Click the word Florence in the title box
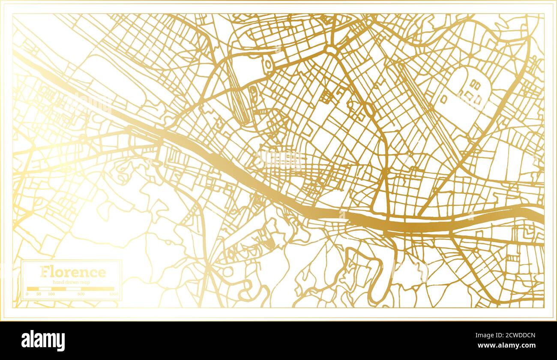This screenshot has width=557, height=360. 72,272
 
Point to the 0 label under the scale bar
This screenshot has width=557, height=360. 27,294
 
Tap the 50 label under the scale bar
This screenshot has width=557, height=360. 39,294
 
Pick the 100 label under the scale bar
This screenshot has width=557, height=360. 51,294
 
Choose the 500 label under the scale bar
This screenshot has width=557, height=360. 81,294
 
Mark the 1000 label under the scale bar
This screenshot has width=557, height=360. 113,294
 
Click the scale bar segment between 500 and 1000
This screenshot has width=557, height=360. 98,289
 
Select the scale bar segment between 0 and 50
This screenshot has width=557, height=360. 33,289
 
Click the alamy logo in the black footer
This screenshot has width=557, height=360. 43,341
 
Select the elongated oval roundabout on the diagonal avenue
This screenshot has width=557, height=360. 369,111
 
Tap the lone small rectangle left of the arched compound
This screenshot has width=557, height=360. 444,99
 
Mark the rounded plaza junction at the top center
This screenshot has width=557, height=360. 331,50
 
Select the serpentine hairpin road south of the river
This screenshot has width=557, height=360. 377,274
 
